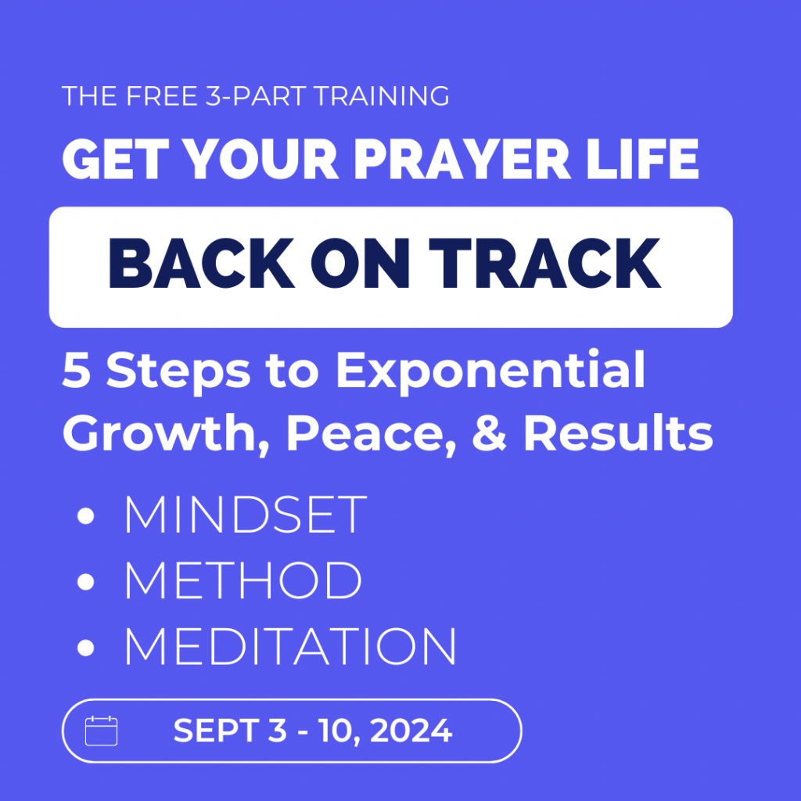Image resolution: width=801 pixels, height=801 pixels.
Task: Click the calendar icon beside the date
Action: (101, 731)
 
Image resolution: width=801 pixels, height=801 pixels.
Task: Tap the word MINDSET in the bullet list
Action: (246, 515)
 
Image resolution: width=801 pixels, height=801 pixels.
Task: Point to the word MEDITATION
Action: (290, 645)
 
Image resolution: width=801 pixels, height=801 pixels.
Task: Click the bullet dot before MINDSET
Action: (86, 515)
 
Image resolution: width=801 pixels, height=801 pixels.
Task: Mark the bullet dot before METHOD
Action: (86, 582)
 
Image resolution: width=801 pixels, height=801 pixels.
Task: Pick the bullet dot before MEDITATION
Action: (86, 648)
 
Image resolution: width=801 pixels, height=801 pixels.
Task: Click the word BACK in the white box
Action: (202, 263)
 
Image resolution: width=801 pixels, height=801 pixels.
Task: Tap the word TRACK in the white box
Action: (545, 263)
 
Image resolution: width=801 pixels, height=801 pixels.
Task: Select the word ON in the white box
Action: (361, 263)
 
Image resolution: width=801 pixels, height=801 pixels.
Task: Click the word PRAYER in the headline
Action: (462, 159)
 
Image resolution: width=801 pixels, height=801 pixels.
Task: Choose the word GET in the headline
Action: (116, 159)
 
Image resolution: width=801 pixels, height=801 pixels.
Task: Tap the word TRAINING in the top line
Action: (381, 96)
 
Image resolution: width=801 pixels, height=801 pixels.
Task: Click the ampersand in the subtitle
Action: (489, 433)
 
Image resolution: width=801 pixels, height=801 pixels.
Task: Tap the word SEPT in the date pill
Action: (217, 731)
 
